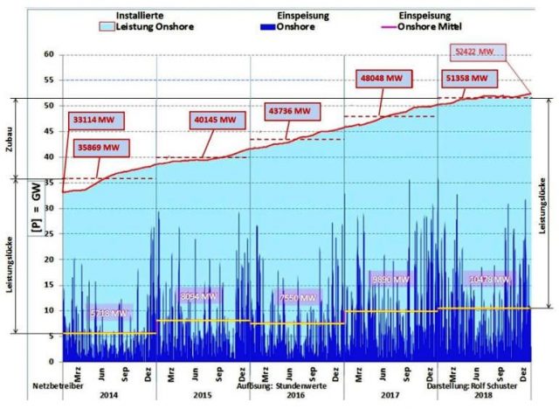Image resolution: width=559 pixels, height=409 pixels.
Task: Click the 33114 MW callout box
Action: coord(93,119)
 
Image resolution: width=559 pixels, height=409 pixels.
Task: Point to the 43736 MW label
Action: coord(289,111)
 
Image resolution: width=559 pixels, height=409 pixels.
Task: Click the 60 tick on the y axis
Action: coord(50,54)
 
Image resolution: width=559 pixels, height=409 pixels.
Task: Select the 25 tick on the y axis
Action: coord(50,234)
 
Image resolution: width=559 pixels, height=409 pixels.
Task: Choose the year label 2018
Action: coord(481,395)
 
